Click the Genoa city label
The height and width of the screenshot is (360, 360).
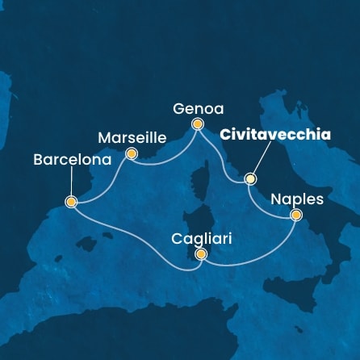pos(198,107)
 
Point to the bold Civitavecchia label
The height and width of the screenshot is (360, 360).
pos(279,136)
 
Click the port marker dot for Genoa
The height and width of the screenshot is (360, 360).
pos(198,123)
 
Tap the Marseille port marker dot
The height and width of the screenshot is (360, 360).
pos(132,153)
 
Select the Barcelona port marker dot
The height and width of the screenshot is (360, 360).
pos(71,202)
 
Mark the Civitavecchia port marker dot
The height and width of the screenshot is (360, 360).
pos(250,179)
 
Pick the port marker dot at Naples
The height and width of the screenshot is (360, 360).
pos(296,215)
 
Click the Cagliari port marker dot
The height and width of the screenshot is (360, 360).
pos(201,255)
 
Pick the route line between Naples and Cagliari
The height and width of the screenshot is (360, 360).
pos(258,257)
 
